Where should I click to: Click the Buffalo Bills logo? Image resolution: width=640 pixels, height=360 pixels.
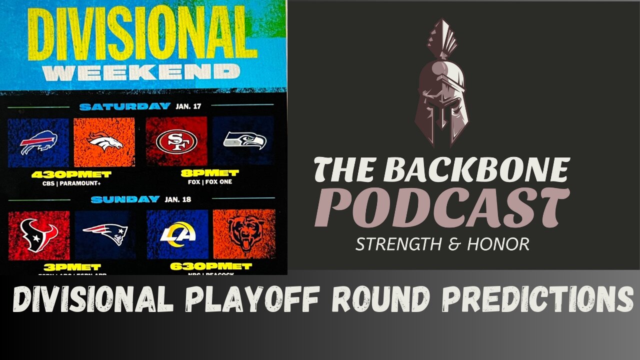(x=38, y=142)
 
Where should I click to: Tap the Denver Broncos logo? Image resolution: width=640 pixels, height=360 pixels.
(x=104, y=142)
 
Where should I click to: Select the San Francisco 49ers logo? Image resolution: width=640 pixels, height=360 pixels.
(x=176, y=141)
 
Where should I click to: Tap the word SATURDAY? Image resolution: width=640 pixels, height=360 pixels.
(x=125, y=106)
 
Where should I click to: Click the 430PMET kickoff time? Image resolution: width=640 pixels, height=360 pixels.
(x=71, y=174)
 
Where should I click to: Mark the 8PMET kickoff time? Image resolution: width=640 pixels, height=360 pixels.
(x=210, y=173)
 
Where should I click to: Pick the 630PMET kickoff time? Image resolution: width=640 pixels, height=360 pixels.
(x=210, y=266)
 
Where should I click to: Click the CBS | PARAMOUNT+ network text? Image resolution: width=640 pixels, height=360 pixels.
(x=71, y=183)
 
